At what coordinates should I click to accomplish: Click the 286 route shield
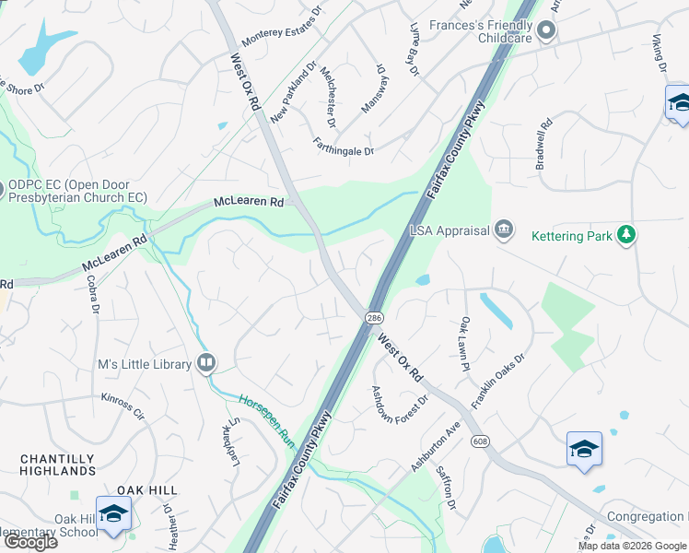tap(374, 318)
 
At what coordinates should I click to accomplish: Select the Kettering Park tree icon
tap(626, 235)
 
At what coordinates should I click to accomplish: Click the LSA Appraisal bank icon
tap(504, 229)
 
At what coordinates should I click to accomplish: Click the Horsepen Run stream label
tap(267, 422)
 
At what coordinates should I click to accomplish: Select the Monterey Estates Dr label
tap(281, 28)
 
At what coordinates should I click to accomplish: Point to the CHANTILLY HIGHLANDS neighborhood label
tap(57, 465)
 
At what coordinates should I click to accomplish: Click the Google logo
tap(30, 542)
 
